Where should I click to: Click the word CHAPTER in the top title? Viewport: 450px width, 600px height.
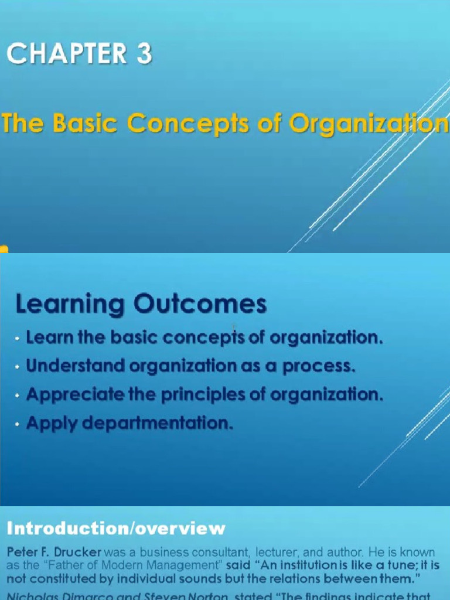[67, 54]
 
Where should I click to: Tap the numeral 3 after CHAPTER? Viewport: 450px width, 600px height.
[144, 54]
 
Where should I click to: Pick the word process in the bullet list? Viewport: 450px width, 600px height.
[319, 366]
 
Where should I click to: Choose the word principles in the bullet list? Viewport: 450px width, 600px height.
[196, 394]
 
